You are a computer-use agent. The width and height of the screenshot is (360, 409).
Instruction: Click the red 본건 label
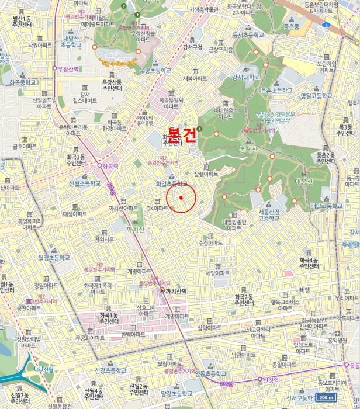[x=182, y=133]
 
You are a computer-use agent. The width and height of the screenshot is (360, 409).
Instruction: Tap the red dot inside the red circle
[x=181, y=198]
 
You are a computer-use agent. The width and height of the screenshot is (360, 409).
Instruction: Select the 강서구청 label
[x=192, y=47]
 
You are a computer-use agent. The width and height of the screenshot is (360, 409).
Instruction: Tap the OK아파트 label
[x=157, y=207]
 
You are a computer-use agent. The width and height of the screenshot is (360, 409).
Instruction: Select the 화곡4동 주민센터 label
[x=309, y=263]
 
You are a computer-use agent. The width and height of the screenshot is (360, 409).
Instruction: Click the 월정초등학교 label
[x=54, y=257]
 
